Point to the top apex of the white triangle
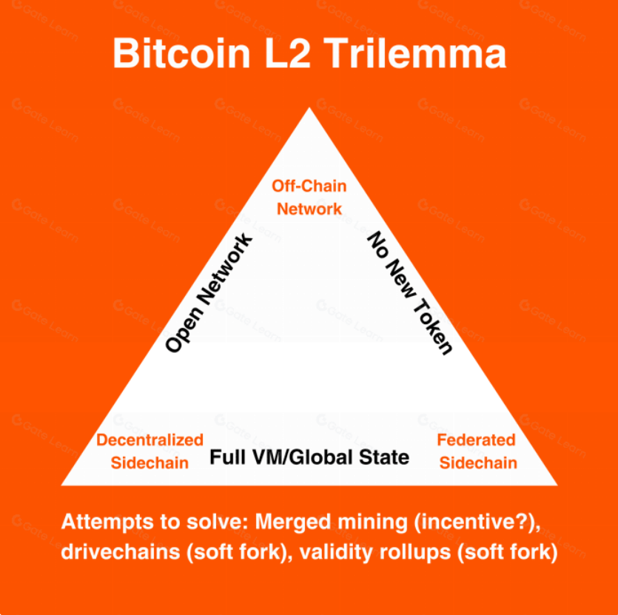click(309, 109)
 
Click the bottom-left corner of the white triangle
click(63, 484)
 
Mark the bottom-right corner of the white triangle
click(556, 484)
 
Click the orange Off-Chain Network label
click(309, 197)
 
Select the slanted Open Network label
click(209, 294)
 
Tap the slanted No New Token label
click(410, 294)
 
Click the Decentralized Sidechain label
click(150, 451)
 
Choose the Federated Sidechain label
click(476, 451)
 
